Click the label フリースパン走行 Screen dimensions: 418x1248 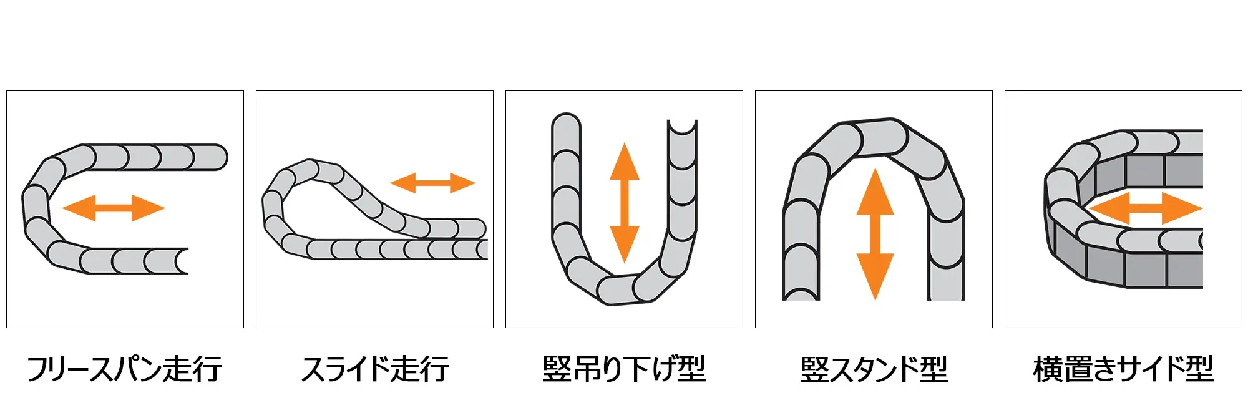[124, 369]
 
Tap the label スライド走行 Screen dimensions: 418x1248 [374, 369]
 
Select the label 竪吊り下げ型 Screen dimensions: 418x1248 [624, 369]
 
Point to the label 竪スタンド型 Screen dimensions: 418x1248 [874, 369]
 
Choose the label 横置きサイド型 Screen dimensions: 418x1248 [1123, 369]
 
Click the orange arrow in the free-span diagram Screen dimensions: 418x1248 [114, 208]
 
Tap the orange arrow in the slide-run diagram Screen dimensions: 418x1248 [432, 183]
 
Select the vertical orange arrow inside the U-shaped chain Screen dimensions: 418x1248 [624, 203]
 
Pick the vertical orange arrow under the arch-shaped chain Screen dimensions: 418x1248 [875, 234]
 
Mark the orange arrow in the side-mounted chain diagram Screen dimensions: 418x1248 [1146, 208]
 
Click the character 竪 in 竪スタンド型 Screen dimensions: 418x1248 [814, 369]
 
